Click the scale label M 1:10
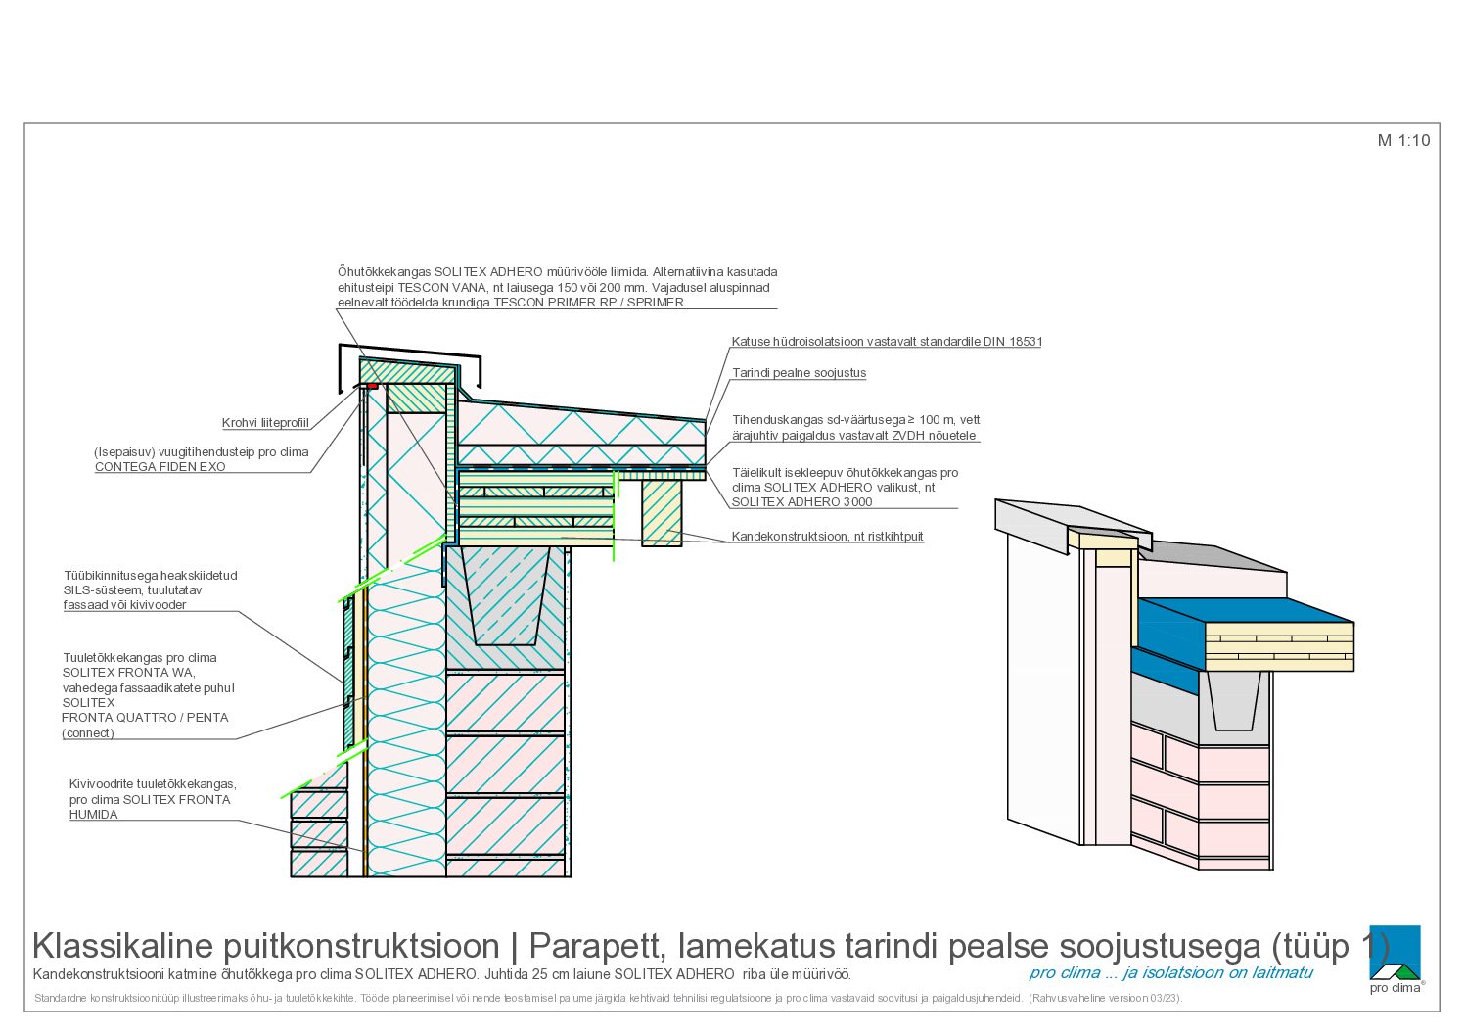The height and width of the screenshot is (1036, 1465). pos(1403,140)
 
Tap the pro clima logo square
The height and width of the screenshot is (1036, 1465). pos(1395,952)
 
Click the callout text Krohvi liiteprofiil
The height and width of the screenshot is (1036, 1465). pos(265,423)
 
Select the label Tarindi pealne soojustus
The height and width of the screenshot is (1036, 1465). pos(799,373)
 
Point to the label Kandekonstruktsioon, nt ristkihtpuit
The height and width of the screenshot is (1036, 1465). pos(827,536)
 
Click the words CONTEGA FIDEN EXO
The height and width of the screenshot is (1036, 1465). pos(160,467)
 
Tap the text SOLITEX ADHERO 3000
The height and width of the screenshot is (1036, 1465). pos(801,502)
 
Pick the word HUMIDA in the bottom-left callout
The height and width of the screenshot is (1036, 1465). pos(94,814)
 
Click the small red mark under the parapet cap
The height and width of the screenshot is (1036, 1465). pos(372,386)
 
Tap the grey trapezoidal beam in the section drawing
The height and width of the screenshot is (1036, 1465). pos(506,597)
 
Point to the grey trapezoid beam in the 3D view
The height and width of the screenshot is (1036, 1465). pos(1233,700)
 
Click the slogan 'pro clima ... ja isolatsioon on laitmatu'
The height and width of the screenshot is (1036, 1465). pos(1170,972)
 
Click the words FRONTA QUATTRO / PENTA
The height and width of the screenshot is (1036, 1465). pos(145,718)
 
